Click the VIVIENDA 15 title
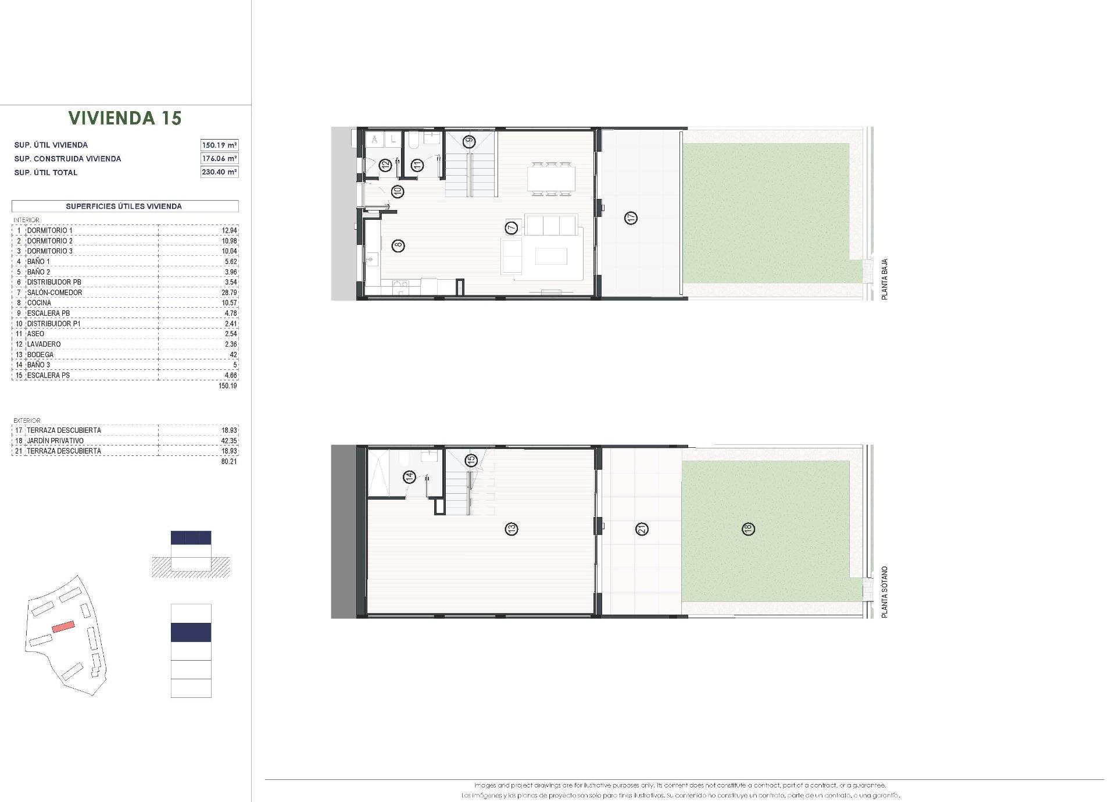pyautogui.click(x=125, y=118)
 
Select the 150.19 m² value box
pyautogui.click(x=219, y=145)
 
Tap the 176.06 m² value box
pyautogui.click(x=219, y=158)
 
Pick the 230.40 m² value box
pyautogui.click(x=219, y=172)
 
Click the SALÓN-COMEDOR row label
pyautogui.click(x=55, y=293)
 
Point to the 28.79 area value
pyautogui.click(x=230, y=293)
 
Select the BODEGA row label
pyautogui.click(x=40, y=355)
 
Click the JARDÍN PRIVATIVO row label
pyautogui.click(x=55, y=441)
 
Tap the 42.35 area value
pyautogui.click(x=230, y=441)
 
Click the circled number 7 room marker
pyautogui.click(x=512, y=227)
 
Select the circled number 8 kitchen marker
pyautogui.click(x=398, y=245)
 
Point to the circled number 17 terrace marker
pyautogui.click(x=631, y=218)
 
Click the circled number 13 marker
pyautogui.click(x=512, y=529)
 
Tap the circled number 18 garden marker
pyautogui.click(x=748, y=529)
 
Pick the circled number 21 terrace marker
pyautogui.click(x=642, y=529)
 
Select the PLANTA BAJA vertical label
pyautogui.click(x=885, y=279)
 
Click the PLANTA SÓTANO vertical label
pyautogui.click(x=885, y=591)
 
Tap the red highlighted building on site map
pyautogui.click(x=63, y=626)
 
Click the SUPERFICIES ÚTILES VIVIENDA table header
pyautogui.click(x=124, y=206)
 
